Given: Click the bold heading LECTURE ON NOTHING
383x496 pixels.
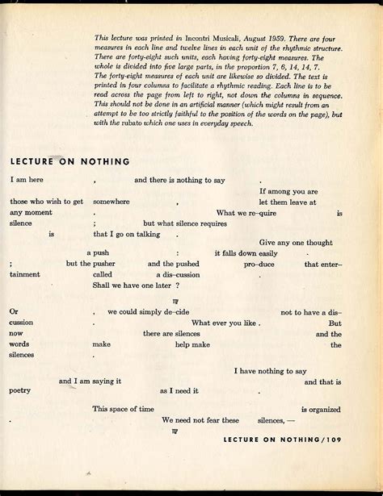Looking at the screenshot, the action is click(x=70, y=161).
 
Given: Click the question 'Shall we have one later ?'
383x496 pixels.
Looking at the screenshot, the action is click(x=136, y=285).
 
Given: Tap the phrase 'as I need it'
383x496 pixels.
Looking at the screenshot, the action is click(x=179, y=390).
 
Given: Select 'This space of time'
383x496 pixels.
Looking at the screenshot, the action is click(x=122, y=409).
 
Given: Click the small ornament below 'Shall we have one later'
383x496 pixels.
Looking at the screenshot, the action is click(x=175, y=298).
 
